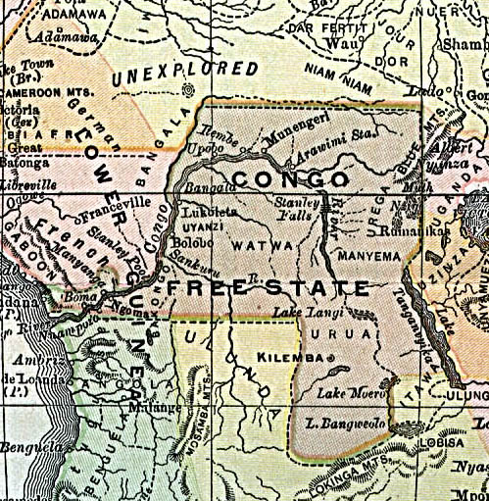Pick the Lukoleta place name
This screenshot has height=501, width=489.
pos(201,209)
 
